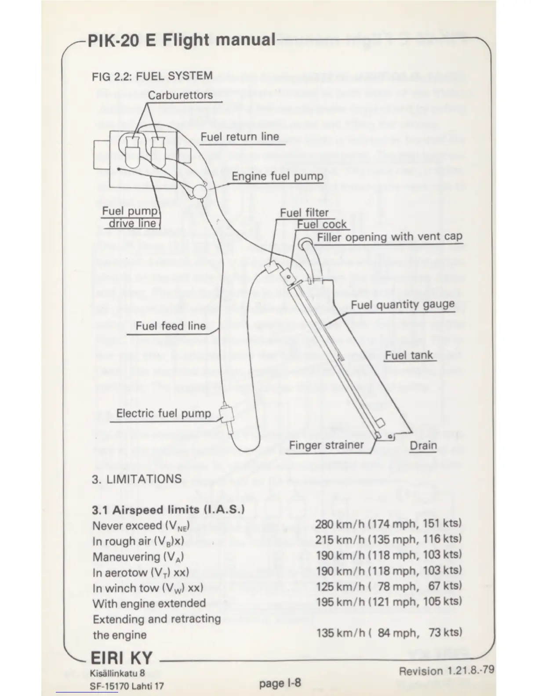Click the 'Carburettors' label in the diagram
[180, 95]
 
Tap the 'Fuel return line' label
[240, 137]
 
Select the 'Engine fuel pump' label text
[277, 177]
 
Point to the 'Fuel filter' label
[304, 213]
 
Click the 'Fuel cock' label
[322, 225]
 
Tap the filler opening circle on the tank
[305, 243]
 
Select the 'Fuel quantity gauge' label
[403, 304]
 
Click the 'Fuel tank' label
[409, 355]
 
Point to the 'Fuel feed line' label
[171, 326]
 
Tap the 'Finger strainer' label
[326, 446]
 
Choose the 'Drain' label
[423, 446]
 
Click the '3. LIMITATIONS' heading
[137, 478]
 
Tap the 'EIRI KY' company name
[121, 658]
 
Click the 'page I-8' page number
[280, 683]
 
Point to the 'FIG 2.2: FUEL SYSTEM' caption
[152, 76]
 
